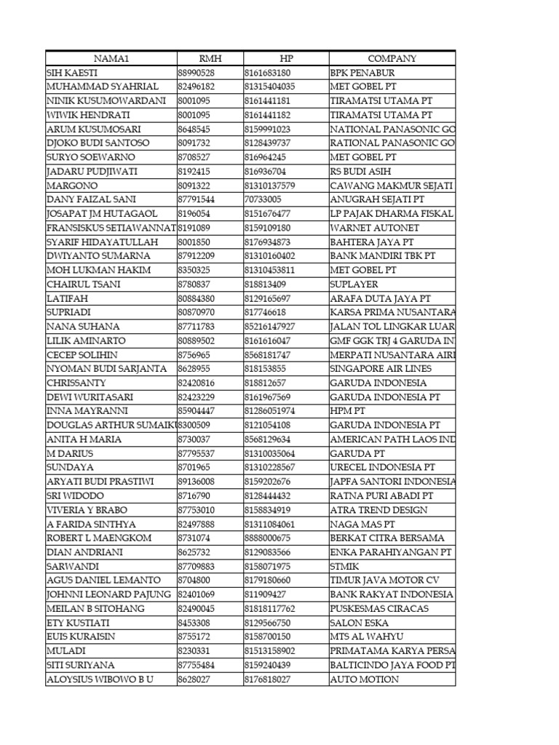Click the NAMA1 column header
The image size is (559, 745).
coord(111,59)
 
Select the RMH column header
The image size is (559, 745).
coord(210,59)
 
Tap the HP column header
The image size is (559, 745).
coord(285,59)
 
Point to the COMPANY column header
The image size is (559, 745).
coord(392,59)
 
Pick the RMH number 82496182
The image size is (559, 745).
coord(197,87)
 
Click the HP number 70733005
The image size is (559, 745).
coord(263,199)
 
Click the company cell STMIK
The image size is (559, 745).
coord(344,566)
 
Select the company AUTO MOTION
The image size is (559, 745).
coord(364,679)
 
